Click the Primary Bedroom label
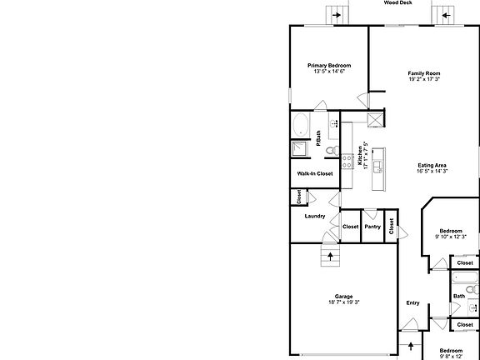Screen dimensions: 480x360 pyautogui.click(x=329, y=66)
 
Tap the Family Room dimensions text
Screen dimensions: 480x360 pyautogui.click(x=424, y=79)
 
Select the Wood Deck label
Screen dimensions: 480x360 pyautogui.click(x=398, y=2)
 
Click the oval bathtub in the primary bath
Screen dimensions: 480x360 pyautogui.click(x=300, y=125)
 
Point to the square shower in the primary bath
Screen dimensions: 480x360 pyautogui.click(x=299, y=149)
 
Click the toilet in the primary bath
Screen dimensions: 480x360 pyautogui.click(x=332, y=151)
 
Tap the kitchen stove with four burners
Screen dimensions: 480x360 pyautogui.click(x=347, y=162)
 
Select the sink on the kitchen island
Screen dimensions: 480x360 pyautogui.click(x=378, y=167)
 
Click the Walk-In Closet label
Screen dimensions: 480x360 pyautogui.click(x=315, y=173)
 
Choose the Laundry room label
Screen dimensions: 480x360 pyautogui.click(x=315, y=216)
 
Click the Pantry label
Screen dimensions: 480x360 pyautogui.click(x=372, y=227)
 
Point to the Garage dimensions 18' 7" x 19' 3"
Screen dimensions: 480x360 pyautogui.click(x=344, y=302)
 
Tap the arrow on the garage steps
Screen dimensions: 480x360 pyautogui.click(x=330, y=257)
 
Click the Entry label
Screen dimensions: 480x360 pyautogui.click(x=412, y=303)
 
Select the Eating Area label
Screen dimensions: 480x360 pyautogui.click(x=432, y=166)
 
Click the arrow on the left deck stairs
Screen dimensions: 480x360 pyautogui.click(x=337, y=15)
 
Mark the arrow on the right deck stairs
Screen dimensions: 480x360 pyautogui.click(x=446, y=15)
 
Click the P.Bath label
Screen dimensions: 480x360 pyautogui.click(x=318, y=138)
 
